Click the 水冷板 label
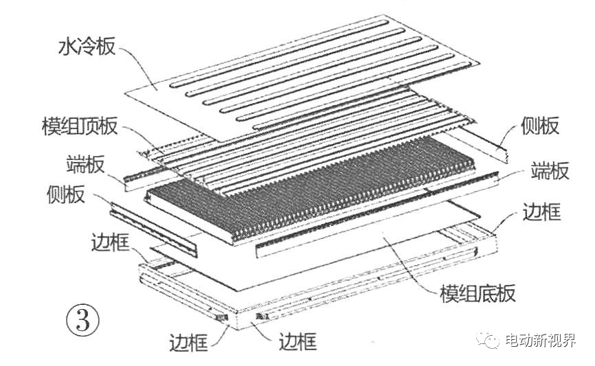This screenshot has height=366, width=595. pyautogui.click(x=87, y=47)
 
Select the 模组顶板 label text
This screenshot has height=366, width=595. pyautogui.click(x=80, y=126)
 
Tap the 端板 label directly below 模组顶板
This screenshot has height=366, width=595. pyautogui.click(x=85, y=164)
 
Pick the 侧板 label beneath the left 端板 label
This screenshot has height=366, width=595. pyautogui.click(x=66, y=194)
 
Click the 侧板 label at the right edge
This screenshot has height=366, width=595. pyautogui.click(x=539, y=126)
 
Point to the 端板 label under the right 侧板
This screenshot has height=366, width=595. pyautogui.click(x=550, y=170)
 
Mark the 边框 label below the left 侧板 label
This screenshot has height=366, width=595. pyautogui.click(x=111, y=242)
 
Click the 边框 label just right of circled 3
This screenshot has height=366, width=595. pyautogui.click(x=188, y=343)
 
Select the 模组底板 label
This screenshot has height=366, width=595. pyautogui.click(x=478, y=293)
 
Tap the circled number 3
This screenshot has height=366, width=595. pyautogui.click(x=82, y=320)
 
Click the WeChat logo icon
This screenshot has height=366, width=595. pyautogui.click(x=488, y=339)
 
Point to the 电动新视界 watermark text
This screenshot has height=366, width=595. pyautogui.click(x=540, y=340)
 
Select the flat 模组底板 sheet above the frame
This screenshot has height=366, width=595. pyautogui.click(x=315, y=247)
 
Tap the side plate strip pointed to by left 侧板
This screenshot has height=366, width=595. pyautogui.click(x=154, y=229)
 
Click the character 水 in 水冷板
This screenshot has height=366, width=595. pyautogui.click(x=68, y=47)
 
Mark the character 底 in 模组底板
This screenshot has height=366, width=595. pyautogui.click(x=487, y=293)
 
